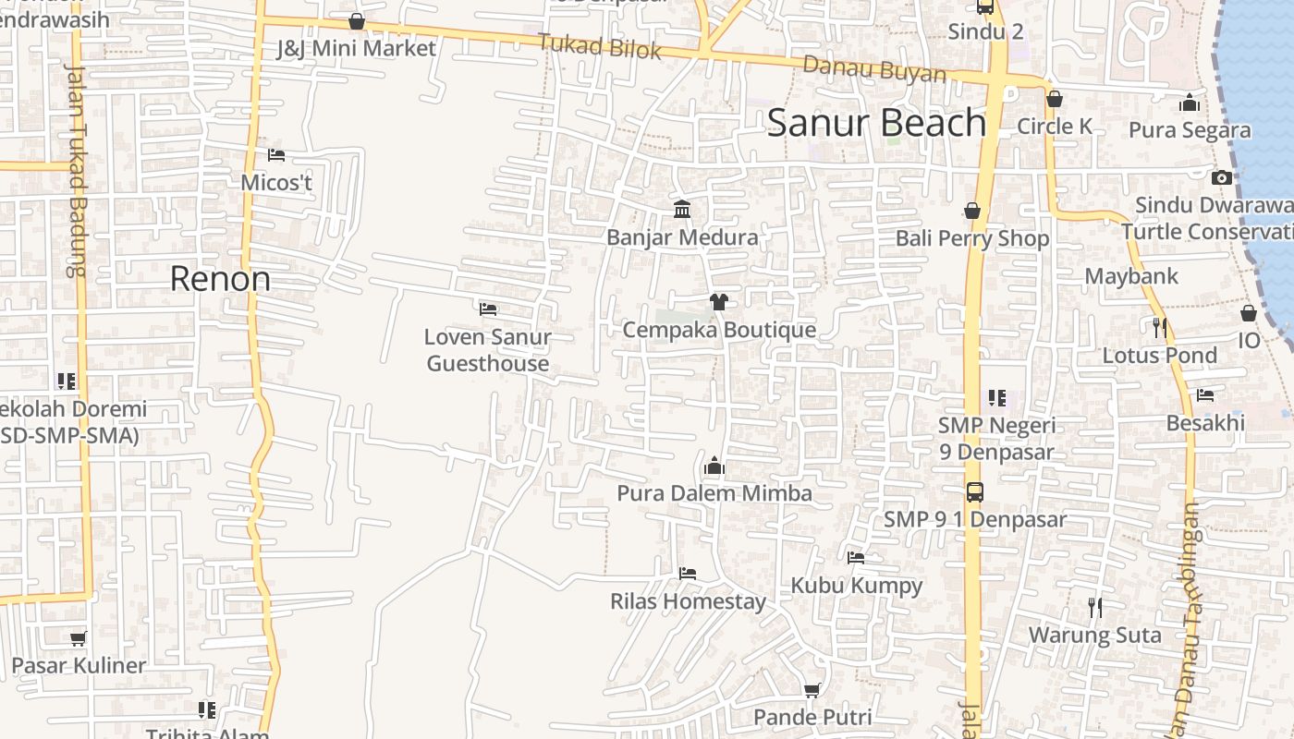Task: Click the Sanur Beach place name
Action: pyautogui.click(x=876, y=123)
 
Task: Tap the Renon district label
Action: pyautogui.click(x=220, y=279)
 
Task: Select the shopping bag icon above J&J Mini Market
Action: pyautogui.click(x=357, y=21)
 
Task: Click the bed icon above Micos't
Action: pyautogui.click(x=275, y=155)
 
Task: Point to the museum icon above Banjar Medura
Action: pyautogui.click(x=682, y=210)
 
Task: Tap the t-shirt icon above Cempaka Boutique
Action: pyautogui.click(x=719, y=301)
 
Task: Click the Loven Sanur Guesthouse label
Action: pyautogui.click(x=488, y=350)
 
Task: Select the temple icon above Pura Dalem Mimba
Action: pyautogui.click(x=714, y=466)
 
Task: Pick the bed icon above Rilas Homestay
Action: pyautogui.click(x=687, y=574)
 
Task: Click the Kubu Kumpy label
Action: pyautogui.click(x=856, y=586)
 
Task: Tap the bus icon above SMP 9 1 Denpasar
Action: pyautogui.click(x=974, y=492)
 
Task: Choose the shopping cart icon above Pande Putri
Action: pyautogui.click(x=812, y=690)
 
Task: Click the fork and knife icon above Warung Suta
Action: pyautogui.click(x=1094, y=607)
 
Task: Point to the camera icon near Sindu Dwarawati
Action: pyautogui.click(x=1221, y=177)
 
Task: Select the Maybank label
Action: pyautogui.click(x=1131, y=276)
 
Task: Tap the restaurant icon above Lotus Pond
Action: pyautogui.click(x=1159, y=327)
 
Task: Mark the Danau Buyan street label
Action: pyautogui.click(x=873, y=69)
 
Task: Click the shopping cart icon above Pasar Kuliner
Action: pyautogui.click(x=79, y=638)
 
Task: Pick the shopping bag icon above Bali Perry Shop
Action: pyautogui.click(x=971, y=212)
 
